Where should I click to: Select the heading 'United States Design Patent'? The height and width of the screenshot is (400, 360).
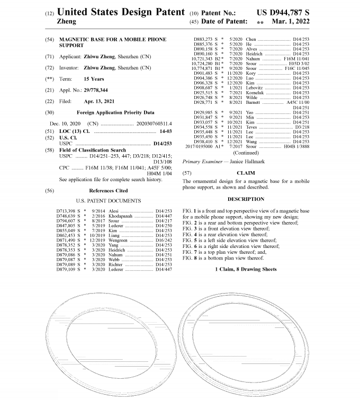[121, 12]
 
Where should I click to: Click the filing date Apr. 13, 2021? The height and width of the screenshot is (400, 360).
[103, 101]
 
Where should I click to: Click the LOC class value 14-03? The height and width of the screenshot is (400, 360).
[167, 130]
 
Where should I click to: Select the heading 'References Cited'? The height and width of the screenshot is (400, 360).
[108, 190]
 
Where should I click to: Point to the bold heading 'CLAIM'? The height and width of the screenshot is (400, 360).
[246, 173]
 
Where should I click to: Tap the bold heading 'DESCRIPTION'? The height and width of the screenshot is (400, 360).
[246, 199]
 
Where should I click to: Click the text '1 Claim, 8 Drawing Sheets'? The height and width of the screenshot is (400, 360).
[246, 269]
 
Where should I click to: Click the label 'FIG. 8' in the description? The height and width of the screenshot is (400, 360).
[190, 258]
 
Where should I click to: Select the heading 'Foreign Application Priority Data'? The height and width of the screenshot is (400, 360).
[115, 112]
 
